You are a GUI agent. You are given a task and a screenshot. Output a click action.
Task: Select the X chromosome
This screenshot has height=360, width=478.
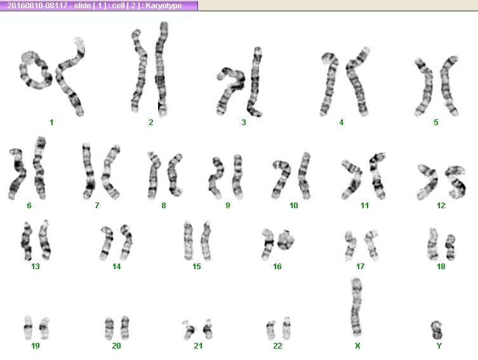(x=356, y=307)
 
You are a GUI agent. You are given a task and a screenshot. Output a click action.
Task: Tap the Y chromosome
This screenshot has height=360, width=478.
(x=437, y=330)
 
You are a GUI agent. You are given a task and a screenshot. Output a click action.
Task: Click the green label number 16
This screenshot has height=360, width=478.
(x=277, y=267)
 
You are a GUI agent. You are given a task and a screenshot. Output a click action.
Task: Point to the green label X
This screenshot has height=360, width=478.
(x=357, y=345)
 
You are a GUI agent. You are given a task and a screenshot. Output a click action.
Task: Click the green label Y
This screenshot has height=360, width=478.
(x=439, y=345)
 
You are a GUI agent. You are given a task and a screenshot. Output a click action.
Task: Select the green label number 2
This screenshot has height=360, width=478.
(x=151, y=123)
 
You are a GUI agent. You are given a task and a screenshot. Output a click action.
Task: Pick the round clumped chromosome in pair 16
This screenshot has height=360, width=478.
(x=286, y=239)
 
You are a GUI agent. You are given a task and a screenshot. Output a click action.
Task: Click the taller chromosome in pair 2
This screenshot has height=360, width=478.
(x=162, y=69)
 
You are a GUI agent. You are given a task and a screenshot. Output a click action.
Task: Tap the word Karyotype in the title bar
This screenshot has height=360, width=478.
(x=164, y=6)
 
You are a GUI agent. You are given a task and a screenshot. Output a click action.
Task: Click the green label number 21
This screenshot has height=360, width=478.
(x=198, y=345)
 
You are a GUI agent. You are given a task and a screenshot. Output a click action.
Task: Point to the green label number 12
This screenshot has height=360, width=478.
(x=441, y=206)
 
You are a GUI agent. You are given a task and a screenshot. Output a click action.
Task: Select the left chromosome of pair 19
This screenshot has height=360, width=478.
(x=28, y=328)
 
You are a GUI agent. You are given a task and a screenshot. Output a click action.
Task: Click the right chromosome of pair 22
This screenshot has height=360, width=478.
(x=286, y=328)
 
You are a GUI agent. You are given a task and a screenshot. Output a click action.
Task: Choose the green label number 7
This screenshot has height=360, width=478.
(x=97, y=206)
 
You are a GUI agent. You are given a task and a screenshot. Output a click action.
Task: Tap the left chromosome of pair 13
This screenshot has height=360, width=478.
(x=27, y=241)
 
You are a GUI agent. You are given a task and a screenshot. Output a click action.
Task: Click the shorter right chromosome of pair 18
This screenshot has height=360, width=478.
(x=450, y=247)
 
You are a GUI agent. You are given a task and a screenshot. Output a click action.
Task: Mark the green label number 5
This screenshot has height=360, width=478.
(x=436, y=123)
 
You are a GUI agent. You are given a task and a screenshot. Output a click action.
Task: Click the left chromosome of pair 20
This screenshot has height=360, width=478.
(x=109, y=328)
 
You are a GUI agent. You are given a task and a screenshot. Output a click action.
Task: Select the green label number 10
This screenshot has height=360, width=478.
(x=293, y=206)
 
